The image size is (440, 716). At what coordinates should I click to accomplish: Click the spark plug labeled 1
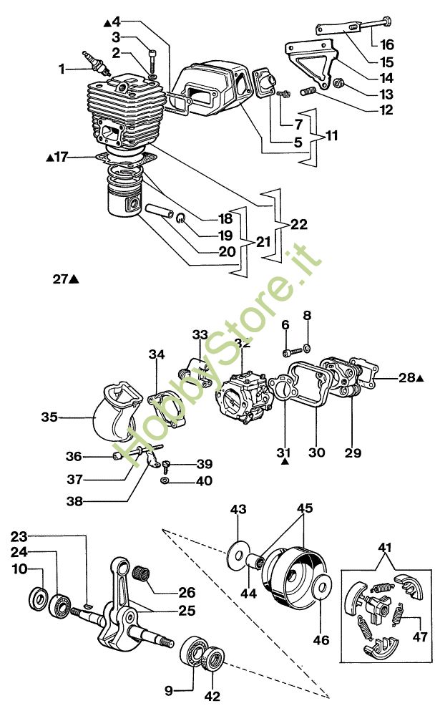click(96, 64)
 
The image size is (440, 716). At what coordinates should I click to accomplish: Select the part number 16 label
click(386, 44)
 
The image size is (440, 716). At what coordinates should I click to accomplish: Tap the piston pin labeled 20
click(159, 211)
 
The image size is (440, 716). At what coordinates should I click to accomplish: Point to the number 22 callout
click(299, 224)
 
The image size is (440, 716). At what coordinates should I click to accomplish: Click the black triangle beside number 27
click(74, 279)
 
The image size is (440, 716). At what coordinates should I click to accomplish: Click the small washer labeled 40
click(165, 480)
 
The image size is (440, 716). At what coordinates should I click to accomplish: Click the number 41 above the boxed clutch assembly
click(385, 547)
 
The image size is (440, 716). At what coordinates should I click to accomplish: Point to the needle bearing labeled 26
click(141, 573)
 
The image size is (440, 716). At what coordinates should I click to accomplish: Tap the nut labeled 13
click(338, 84)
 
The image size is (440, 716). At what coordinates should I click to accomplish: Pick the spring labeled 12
click(308, 92)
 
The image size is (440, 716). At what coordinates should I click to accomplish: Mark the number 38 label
click(75, 501)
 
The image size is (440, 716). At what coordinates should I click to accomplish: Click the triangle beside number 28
click(421, 378)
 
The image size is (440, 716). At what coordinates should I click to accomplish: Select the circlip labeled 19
click(181, 218)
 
